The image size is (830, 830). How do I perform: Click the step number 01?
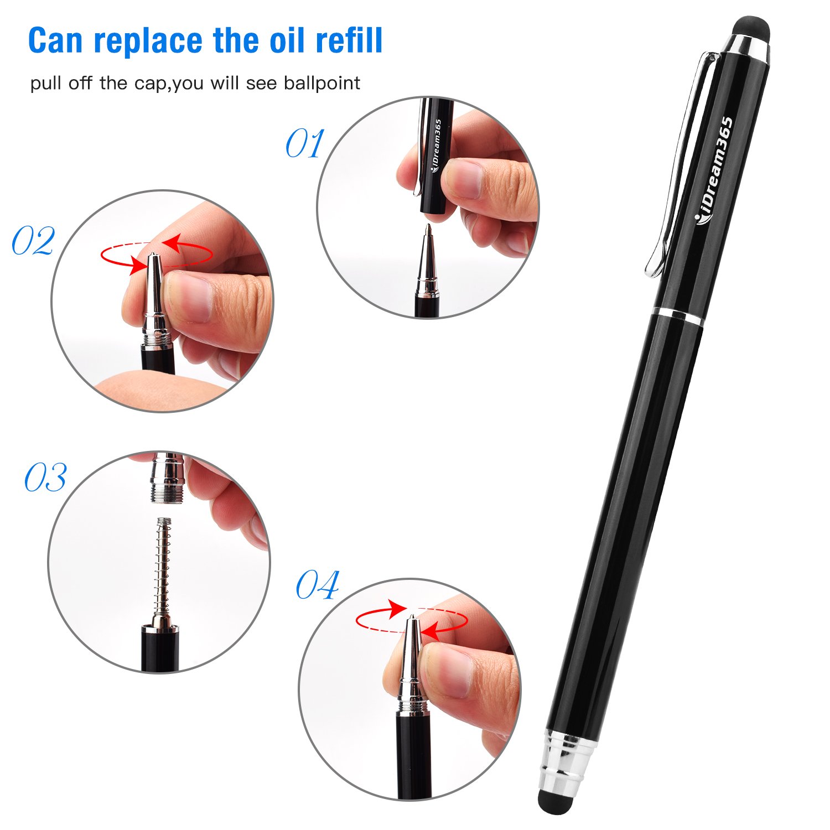click(304, 144)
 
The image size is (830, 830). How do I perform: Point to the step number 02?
click(33, 241)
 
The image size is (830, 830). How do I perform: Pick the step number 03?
click(45, 478)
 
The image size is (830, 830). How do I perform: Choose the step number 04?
click(317, 585)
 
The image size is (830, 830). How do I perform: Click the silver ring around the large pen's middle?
click(679, 317)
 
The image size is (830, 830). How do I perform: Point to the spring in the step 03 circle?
click(162, 564)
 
